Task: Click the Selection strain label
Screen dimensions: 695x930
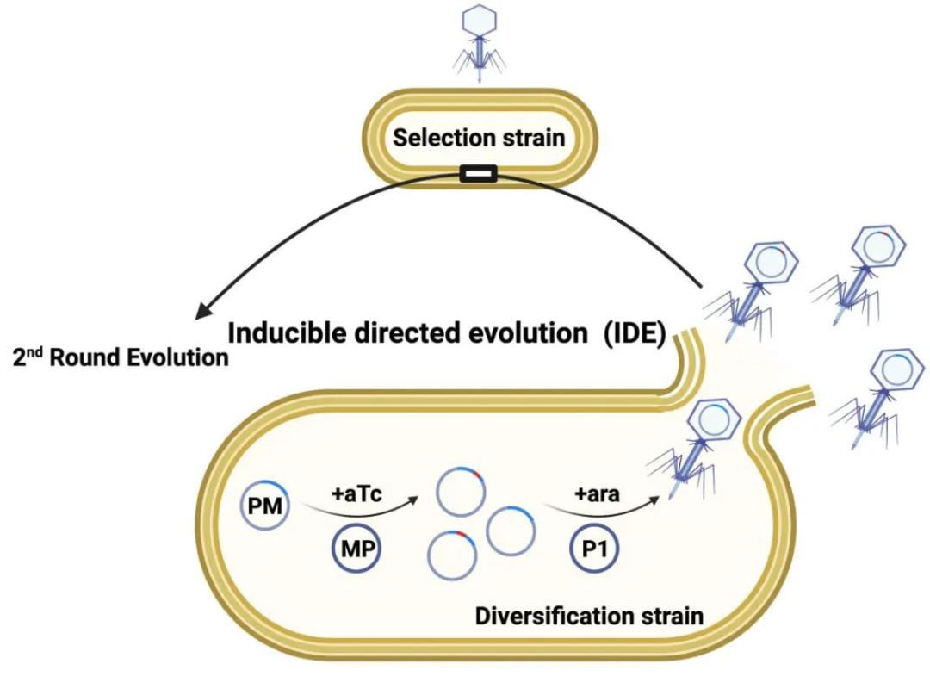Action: coord(478,137)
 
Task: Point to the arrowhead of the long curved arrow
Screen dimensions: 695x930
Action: coord(202,309)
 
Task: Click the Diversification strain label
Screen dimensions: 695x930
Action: coord(589,617)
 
